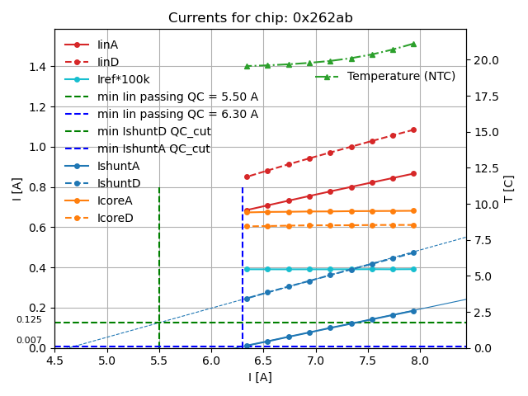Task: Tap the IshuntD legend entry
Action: pos(119,183)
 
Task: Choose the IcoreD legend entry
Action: pos(115,218)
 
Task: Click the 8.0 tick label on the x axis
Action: pos(419,361)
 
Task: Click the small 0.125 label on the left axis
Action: pos(29,320)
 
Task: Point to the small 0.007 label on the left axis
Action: pos(29,341)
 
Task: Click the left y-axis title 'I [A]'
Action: pos(17,188)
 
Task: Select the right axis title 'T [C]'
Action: pos(509,188)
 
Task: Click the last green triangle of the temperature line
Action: pos(413,44)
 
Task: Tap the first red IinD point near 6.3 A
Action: pos(247,177)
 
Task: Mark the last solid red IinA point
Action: pos(413,173)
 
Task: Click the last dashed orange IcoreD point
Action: pos(413,225)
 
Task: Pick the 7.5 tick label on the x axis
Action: pos(367,361)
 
